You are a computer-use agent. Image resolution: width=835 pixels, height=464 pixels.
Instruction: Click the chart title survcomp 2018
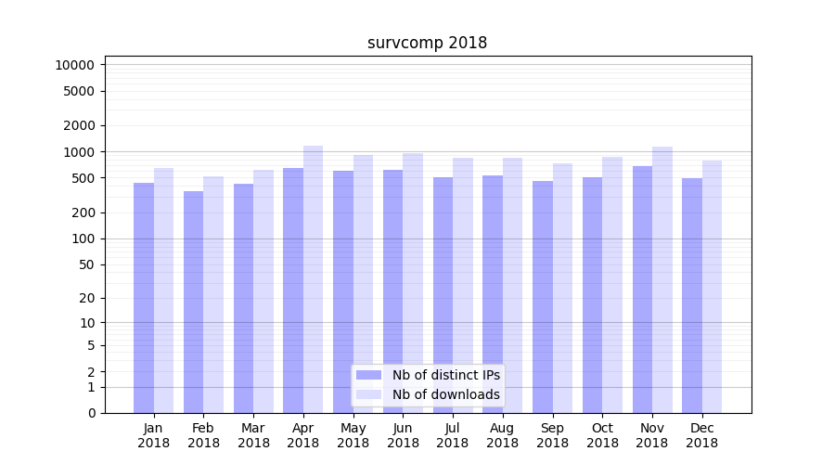coord(427,43)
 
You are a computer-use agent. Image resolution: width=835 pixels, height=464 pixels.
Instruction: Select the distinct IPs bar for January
coord(144,297)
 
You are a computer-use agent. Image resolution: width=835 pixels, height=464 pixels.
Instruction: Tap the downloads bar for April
coord(313,278)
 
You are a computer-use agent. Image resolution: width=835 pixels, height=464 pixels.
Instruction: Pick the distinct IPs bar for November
coord(642,289)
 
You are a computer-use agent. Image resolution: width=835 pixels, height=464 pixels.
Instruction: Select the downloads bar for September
coord(562,288)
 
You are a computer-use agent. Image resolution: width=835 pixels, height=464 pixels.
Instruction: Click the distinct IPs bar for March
coord(243,298)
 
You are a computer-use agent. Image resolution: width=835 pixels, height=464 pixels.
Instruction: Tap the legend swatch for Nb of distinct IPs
coord(369,375)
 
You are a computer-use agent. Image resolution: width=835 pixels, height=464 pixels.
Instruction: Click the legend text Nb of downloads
coord(445,394)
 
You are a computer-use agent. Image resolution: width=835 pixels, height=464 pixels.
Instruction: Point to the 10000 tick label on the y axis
coord(74,65)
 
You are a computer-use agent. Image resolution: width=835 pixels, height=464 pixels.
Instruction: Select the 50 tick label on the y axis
coord(85,264)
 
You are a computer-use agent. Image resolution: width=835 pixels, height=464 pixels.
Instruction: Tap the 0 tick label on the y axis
coord(91,413)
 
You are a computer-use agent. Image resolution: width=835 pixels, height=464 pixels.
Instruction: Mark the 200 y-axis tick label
coord(82,213)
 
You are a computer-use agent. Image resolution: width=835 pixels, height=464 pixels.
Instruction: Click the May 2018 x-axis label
coord(353,435)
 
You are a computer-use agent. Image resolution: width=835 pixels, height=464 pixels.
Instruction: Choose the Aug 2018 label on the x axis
coord(502,435)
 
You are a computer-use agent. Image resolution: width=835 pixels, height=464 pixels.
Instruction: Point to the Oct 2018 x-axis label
coord(602,435)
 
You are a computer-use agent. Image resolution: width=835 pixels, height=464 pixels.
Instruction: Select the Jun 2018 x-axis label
coord(403,435)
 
